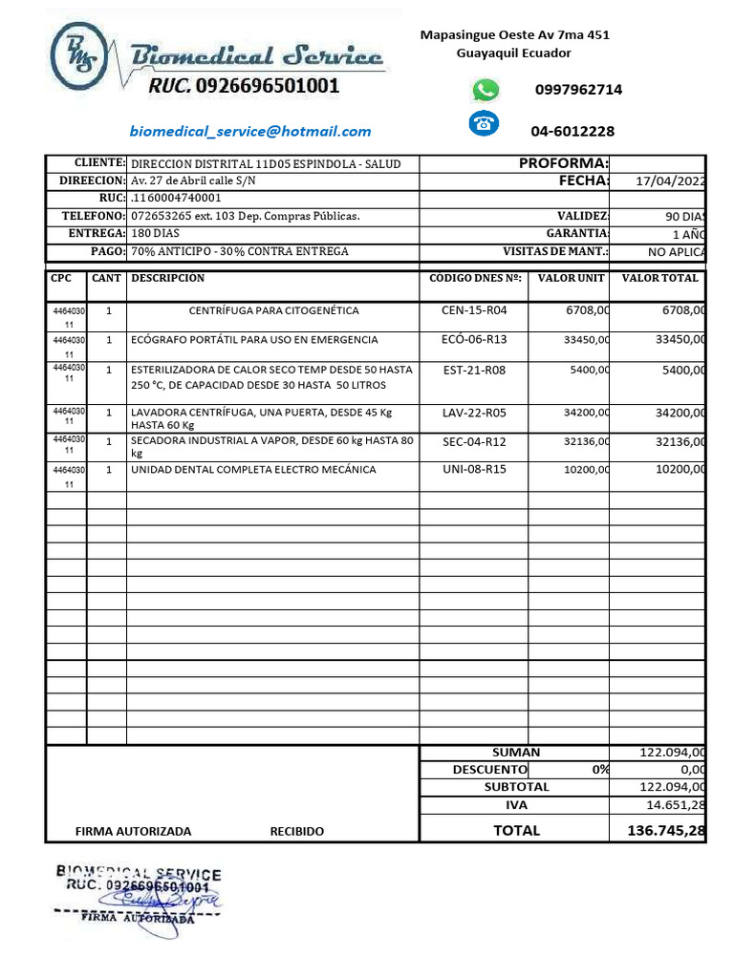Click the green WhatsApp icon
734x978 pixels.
click(x=486, y=90)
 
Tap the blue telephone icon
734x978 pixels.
click(x=485, y=123)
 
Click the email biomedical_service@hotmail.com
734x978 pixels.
click(x=250, y=132)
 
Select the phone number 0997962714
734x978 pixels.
click(x=578, y=90)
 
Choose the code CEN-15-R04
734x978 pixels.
click(x=474, y=311)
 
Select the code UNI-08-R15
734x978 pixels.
click(x=474, y=470)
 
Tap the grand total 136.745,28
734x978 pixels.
click(x=666, y=831)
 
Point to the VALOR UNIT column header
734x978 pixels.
click(x=572, y=279)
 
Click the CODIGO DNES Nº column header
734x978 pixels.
click(x=475, y=279)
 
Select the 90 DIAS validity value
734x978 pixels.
click(x=685, y=217)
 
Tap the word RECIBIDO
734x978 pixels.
click(x=297, y=832)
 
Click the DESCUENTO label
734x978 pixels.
click(x=489, y=770)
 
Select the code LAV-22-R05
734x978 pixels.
click(x=474, y=414)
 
